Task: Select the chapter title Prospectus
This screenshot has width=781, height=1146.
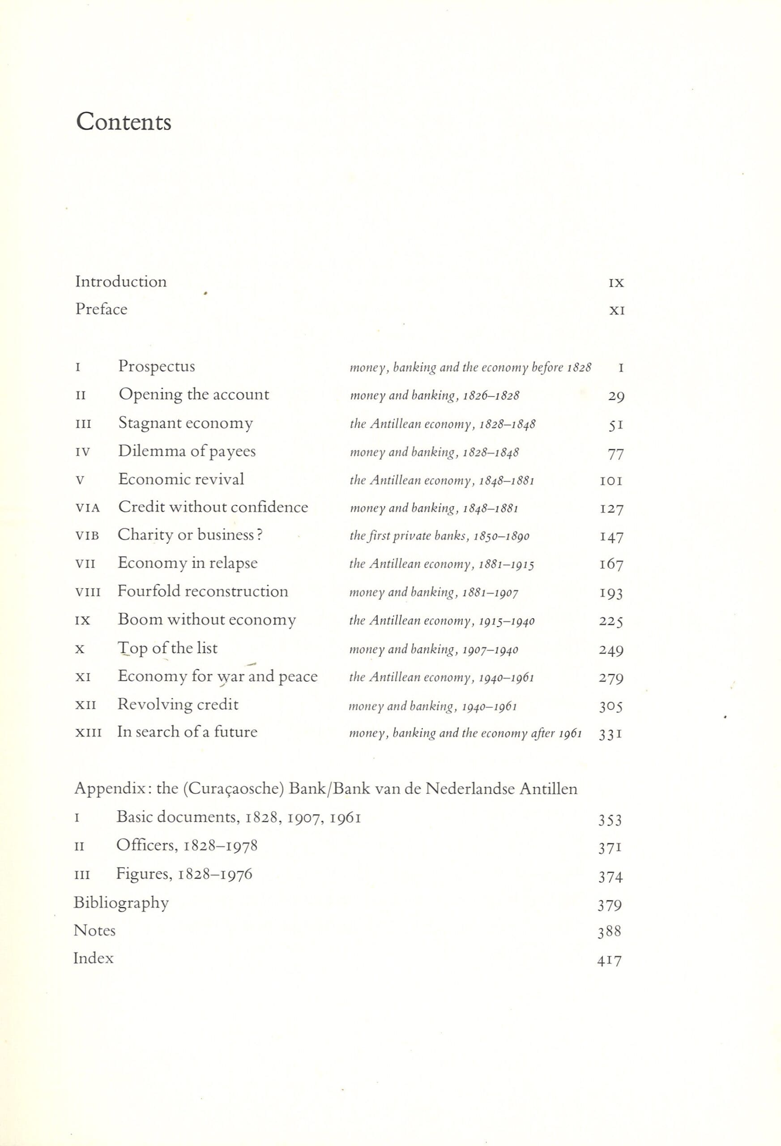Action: [156, 366]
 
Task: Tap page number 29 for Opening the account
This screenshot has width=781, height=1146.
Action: [616, 397]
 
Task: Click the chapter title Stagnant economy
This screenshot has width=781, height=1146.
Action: [185, 423]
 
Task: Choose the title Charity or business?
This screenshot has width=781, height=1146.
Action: [190, 535]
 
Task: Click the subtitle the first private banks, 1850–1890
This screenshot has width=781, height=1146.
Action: [440, 536]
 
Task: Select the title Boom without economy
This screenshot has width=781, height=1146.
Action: [207, 620]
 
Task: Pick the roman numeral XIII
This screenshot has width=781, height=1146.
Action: [88, 733]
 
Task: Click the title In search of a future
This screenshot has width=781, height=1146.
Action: [187, 732]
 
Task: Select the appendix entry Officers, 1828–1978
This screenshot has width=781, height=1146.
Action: [187, 846]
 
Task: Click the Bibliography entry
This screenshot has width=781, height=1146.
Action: [121, 903]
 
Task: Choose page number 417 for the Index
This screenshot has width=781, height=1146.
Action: [610, 961]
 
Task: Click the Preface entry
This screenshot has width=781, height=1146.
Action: [101, 309]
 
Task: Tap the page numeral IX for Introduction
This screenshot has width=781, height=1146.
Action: [616, 283]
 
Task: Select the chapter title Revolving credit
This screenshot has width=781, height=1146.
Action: [178, 705]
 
